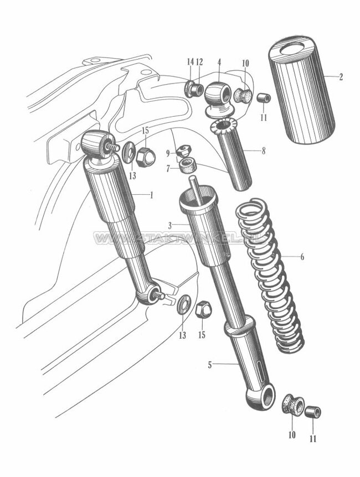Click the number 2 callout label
[x=341, y=77]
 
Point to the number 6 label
[x=318, y=257]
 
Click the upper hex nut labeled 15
[x=146, y=157]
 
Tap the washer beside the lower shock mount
[x=184, y=305]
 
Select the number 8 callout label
[x=263, y=151]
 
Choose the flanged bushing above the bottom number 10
[x=292, y=405]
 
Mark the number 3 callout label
[x=171, y=225]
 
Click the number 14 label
[x=190, y=62]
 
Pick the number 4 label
[x=219, y=62]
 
